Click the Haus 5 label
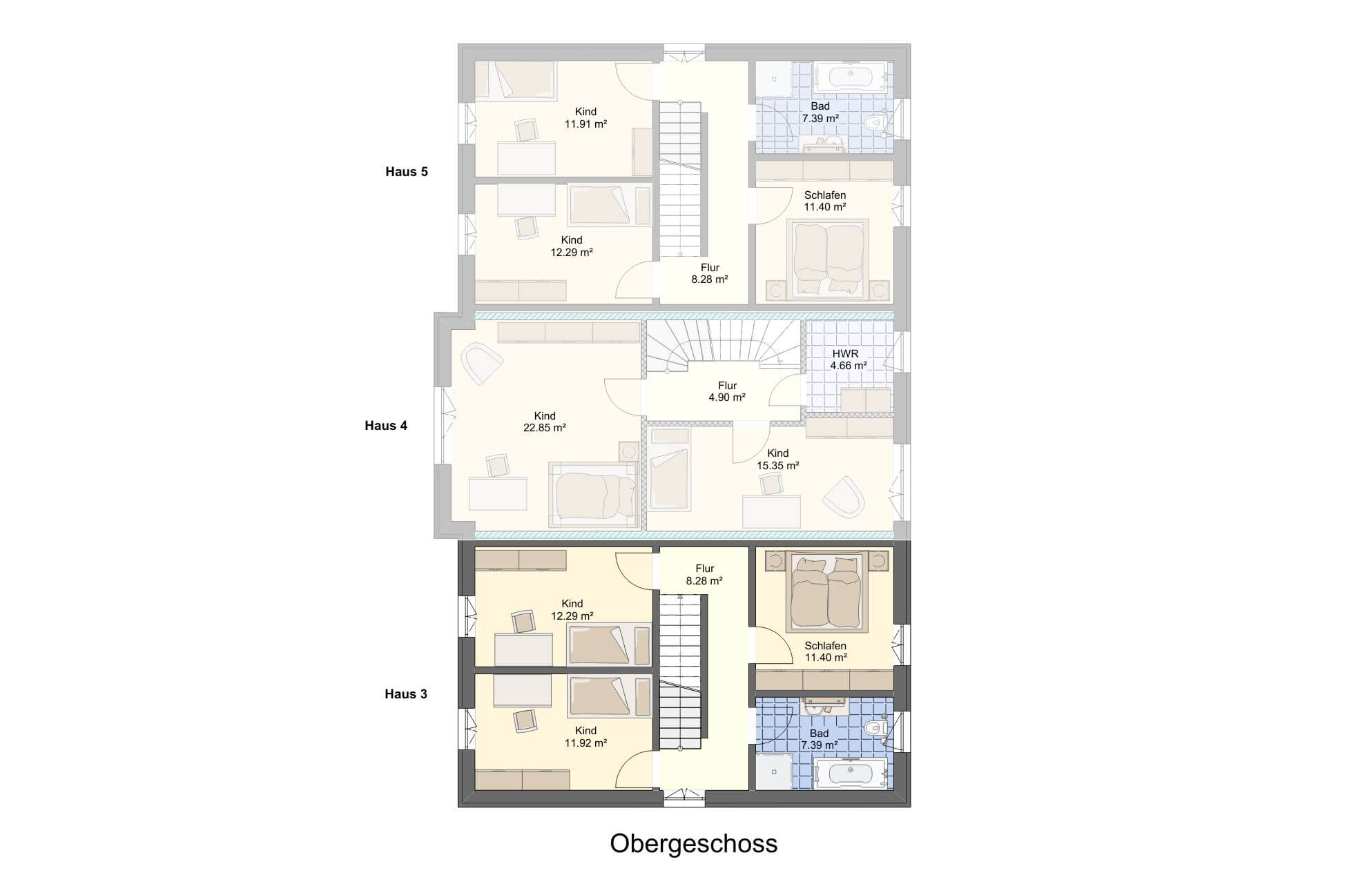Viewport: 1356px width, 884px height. click(407, 172)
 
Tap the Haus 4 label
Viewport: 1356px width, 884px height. click(386, 426)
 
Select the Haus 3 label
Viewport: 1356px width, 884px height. click(406, 694)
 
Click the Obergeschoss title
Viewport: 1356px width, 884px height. click(693, 844)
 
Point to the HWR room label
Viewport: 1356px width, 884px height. click(846, 354)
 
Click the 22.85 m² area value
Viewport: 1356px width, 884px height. click(545, 428)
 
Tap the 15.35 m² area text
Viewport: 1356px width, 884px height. click(778, 466)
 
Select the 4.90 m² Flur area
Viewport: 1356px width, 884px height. click(727, 397)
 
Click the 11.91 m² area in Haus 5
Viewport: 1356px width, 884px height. click(585, 124)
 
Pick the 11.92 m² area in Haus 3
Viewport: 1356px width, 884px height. click(585, 743)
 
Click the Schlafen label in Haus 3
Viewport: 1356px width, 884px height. click(825, 646)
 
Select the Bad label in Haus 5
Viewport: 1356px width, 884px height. click(820, 106)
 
